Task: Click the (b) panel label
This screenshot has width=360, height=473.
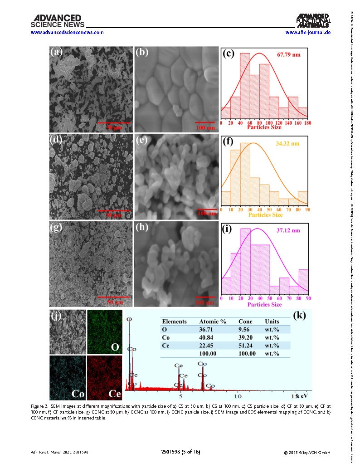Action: [142, 52]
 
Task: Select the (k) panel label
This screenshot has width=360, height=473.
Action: [300, 316]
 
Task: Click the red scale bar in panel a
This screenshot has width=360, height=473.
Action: [114, 122]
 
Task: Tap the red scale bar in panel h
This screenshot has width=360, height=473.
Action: [205, 297]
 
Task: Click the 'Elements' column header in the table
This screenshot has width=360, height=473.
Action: [174, 321]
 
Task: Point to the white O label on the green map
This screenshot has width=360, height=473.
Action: [115, 347]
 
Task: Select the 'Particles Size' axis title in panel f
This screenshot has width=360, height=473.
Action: [265, 215]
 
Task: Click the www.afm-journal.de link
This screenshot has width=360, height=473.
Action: [308, 32]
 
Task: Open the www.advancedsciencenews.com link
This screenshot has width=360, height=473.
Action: [67, 32]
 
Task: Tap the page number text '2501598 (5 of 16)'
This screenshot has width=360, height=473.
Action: [181, 452]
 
